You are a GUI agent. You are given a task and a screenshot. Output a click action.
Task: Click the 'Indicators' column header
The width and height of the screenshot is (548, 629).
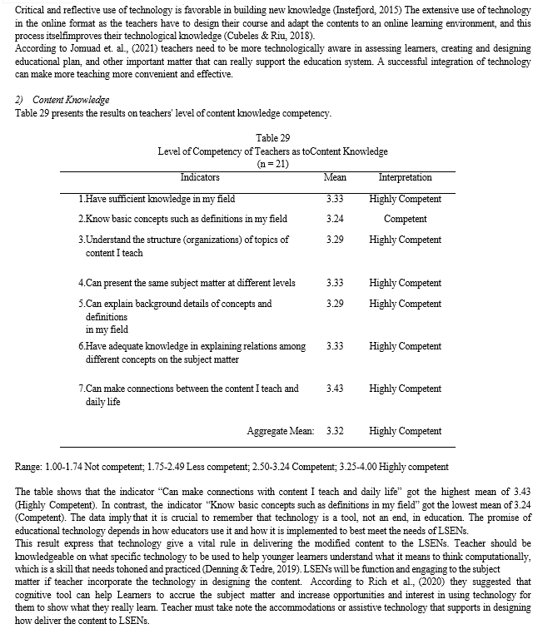click(200, 177)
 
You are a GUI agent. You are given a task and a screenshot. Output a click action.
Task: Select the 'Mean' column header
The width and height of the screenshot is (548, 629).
click(335, 177)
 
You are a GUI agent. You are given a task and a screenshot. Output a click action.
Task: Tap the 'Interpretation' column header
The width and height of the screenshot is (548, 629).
click(405, 177)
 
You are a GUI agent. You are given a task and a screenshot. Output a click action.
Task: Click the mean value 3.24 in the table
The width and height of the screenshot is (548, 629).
click(335, 220)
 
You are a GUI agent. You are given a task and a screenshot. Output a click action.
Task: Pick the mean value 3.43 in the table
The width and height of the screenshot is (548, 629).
click(335, 389)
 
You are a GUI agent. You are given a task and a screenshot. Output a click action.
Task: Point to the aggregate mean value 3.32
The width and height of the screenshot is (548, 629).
click(335, 431)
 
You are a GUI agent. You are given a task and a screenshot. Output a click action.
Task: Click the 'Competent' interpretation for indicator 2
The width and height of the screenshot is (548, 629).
click(405, 220)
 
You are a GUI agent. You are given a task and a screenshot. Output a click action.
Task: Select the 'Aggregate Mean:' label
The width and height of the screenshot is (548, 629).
click(280, 431)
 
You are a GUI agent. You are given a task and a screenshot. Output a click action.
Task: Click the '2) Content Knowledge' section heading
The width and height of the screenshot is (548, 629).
click(62, 100)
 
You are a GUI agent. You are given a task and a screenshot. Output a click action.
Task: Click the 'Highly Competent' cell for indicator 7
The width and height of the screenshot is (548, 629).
click(405, 389)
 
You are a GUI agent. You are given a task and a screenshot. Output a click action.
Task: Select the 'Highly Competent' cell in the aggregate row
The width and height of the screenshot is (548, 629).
click(405, 431)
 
